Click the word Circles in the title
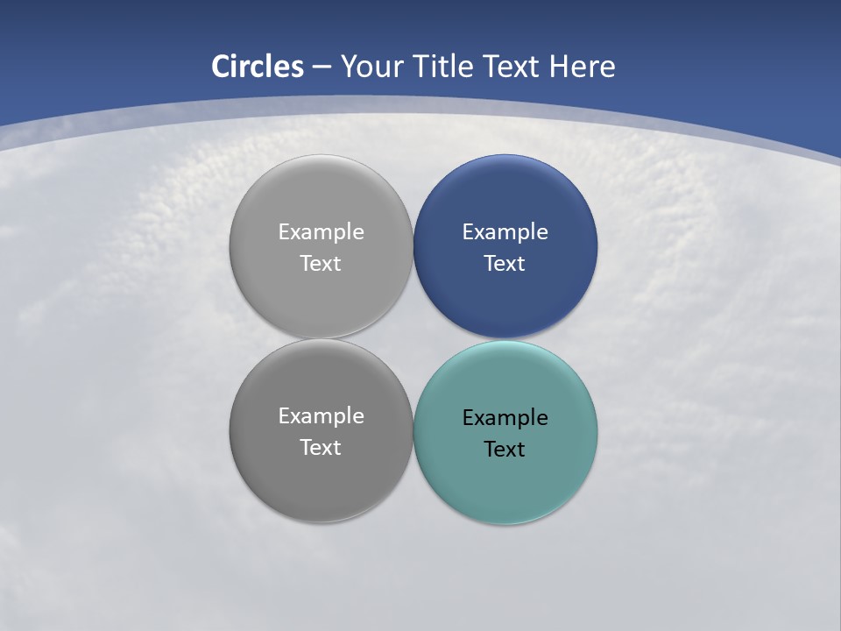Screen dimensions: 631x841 coord(258,67)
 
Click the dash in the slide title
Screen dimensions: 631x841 coord(322,67)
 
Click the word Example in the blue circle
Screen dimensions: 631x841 coord(505,232)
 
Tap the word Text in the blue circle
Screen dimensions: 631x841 coord(505,264)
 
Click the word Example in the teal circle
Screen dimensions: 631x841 coord(505,418)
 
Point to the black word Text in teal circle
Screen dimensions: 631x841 coord(505,450)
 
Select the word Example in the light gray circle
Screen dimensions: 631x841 coord(321,232)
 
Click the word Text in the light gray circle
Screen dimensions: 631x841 coord(321,264)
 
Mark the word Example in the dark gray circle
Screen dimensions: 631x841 coord(321,416)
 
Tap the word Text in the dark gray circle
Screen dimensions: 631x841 coord(321,448)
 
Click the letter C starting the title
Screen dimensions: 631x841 coord(221,67)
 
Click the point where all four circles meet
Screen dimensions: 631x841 coord(413,339)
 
